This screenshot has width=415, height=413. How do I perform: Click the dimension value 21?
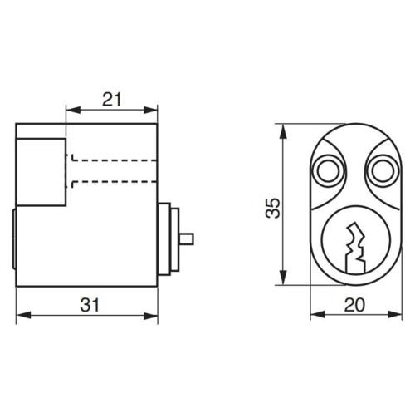(112, 99)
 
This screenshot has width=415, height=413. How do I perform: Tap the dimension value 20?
(354, 304)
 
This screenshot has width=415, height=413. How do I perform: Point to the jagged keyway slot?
(358, 245)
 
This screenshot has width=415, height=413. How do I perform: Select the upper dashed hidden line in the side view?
(112, 158)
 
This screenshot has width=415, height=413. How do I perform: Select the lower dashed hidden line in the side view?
(112, 181)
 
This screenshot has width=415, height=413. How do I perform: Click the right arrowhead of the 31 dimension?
(154, 315)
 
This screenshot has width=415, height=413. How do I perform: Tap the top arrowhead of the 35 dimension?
(284, 129)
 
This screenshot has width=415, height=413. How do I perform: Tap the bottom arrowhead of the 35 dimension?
(284, 283)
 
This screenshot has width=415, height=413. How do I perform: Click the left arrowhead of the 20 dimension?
(315, 315)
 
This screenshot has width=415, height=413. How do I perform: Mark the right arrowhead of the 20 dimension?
(393, 315)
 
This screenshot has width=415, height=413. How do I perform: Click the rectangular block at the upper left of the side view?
(41, 172)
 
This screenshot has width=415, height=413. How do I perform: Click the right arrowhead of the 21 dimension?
(154, 109)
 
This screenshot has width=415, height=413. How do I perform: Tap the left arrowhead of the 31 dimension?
(21, 315)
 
